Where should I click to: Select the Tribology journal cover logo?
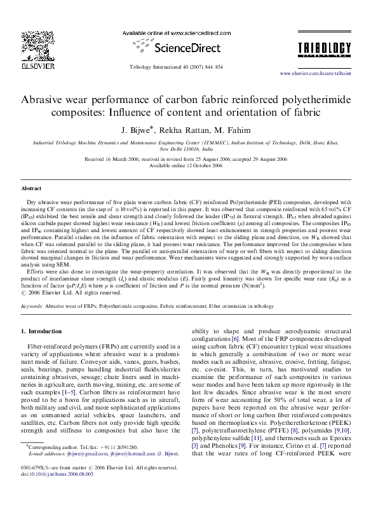pyautogui.click(x=333, y=50)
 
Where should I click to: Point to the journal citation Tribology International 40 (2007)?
pyautogui.click(x=175, y=66)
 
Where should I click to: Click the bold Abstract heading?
pyautogui.click(x=32, y=189)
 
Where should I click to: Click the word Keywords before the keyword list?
pyautogui.click(x=32, y=306)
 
